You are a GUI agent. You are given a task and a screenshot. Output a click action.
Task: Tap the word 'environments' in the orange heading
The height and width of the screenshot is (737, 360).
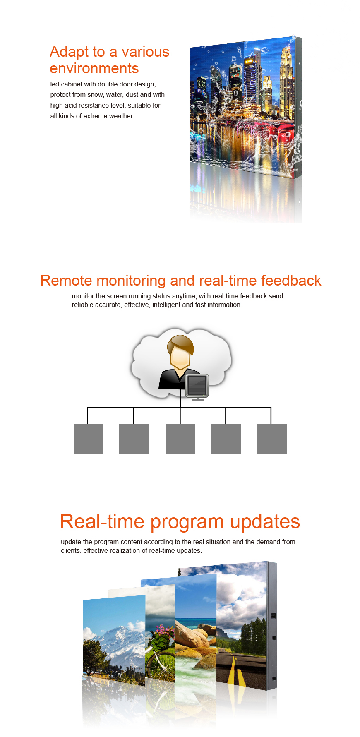(x=94, y=68)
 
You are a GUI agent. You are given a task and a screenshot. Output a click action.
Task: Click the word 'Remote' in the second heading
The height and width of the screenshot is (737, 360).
(x=67, y=281)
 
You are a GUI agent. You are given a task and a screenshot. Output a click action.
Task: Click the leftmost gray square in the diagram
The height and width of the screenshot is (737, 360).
(x=89, y=439)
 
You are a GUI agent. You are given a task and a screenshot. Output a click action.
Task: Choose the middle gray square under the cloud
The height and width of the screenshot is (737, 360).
(x=180, y=439)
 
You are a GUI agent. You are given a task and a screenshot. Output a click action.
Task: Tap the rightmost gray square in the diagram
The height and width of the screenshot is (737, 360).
(x=272, y=439)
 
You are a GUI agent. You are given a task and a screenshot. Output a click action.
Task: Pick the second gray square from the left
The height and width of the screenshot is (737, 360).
(x=134, y=439)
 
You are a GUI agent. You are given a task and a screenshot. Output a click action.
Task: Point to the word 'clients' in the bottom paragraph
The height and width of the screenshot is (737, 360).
(x=70, y=551)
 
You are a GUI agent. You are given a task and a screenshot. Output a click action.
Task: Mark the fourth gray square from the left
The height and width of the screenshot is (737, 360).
(x=226, y=439)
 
